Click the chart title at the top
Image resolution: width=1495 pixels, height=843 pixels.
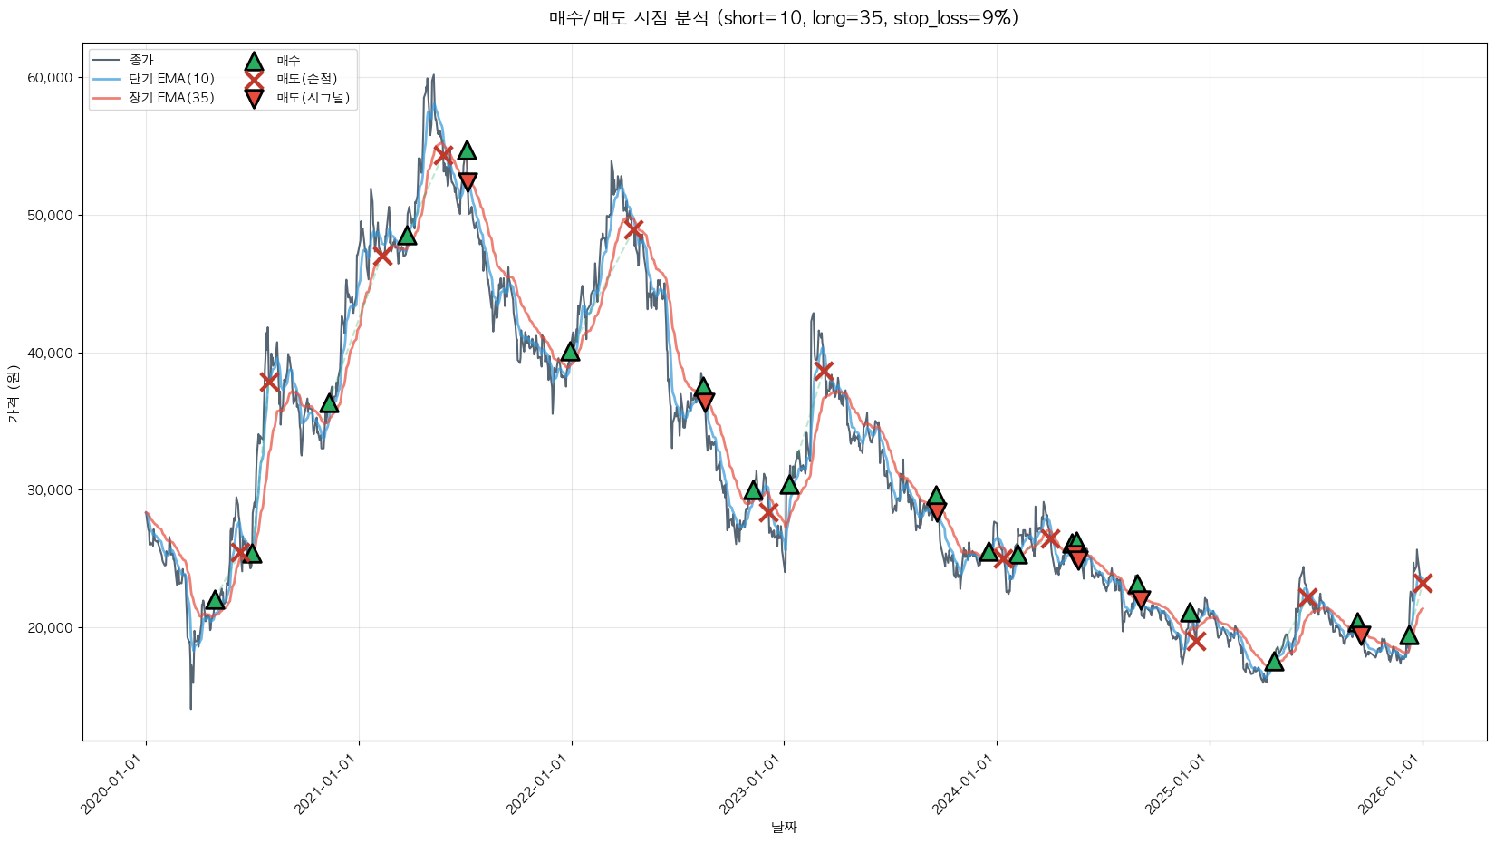coord(784,18)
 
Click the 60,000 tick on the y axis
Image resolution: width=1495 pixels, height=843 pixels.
coord(50,78)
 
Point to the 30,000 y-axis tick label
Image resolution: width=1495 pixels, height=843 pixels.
coord(50,490)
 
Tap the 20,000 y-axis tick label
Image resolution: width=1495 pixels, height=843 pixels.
coord(50,628)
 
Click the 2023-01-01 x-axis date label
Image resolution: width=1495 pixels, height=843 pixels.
coord(753,784)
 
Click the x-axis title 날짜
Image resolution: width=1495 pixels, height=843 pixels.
coord(784,827)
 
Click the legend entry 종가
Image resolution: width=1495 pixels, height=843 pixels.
coord(141,60)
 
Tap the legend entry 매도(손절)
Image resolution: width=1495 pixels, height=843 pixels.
coord(306,79)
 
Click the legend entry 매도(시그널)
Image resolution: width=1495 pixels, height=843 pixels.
coord(313,98)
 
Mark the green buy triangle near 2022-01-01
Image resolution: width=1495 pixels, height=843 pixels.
coord(570,351)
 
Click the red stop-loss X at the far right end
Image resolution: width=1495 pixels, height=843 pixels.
coord(1423,583)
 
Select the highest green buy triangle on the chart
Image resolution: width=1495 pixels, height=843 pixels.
coord(467,150)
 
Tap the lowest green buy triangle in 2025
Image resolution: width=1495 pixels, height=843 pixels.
coord(1274,662)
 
